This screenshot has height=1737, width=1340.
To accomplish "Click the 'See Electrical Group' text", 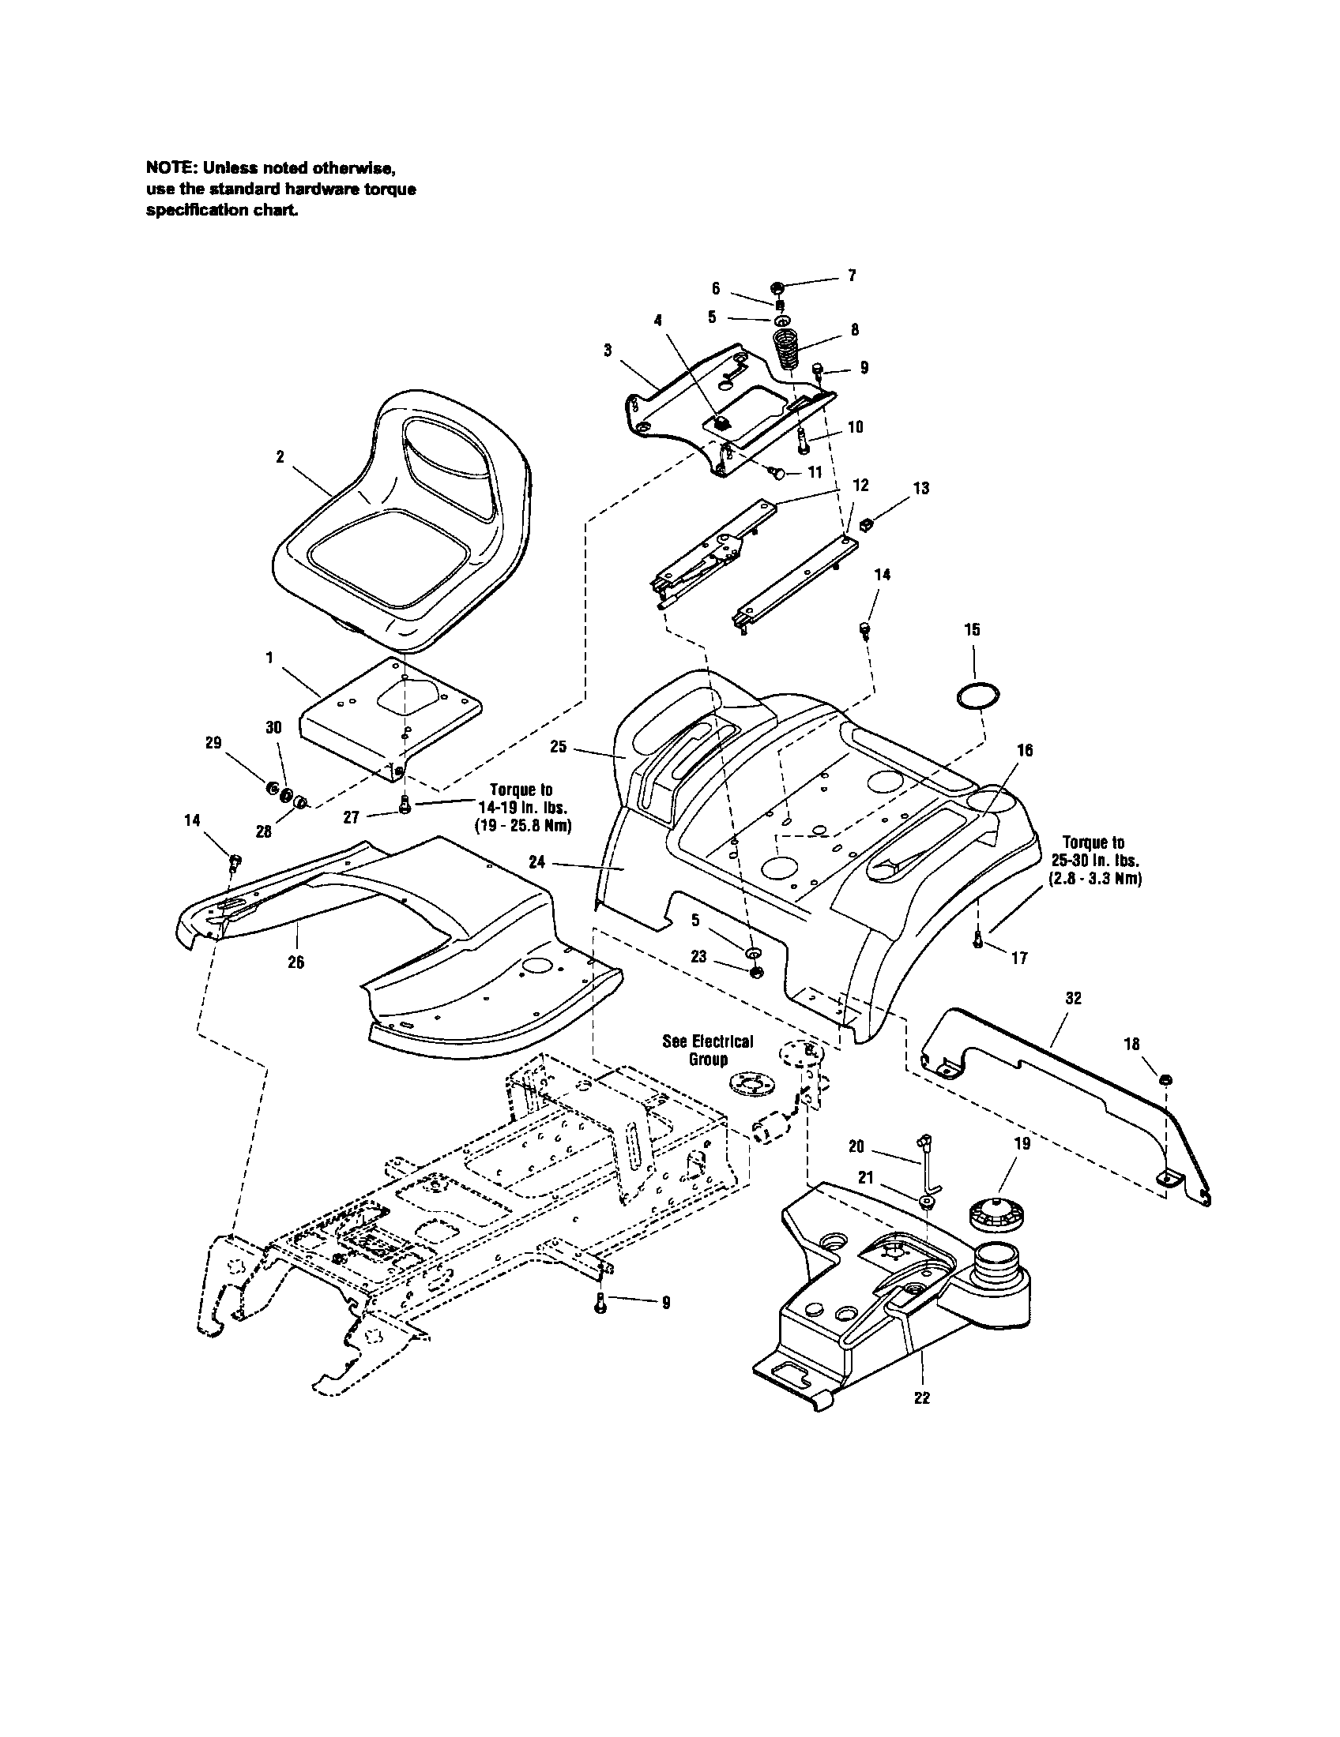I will (x=707, y=1050).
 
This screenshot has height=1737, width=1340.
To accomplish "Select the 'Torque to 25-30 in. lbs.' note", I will (x=1097, y=861).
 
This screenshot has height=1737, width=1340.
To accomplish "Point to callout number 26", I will (x=295, y=962).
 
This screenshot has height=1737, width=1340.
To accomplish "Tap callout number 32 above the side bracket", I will (x=1074, y=999).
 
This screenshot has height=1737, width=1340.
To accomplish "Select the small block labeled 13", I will (x=868, y=523).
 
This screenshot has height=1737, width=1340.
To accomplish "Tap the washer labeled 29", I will (x=271, y=788).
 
